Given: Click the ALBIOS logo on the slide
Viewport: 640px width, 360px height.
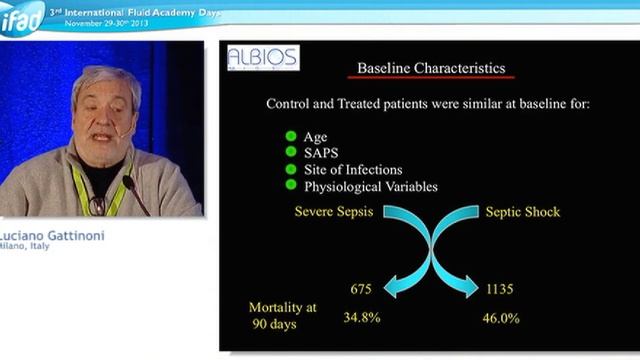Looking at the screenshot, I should [x=262, y=57].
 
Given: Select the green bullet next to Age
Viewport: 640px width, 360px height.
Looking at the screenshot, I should [x=291, y=137].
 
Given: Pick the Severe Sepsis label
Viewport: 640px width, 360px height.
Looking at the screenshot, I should [x=333, y=212].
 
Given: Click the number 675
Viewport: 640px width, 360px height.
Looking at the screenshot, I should [x=362, y=289].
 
